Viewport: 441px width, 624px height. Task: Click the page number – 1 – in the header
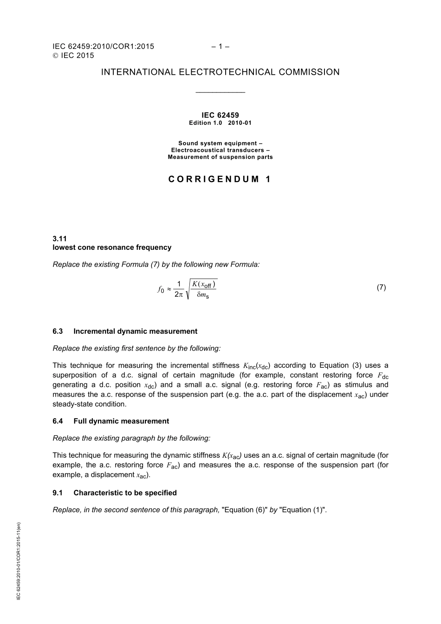(x=220, y=46)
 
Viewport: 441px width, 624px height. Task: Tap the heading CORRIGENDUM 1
(x=220, y=179)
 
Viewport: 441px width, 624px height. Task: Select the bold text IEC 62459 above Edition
(x=220, y=115)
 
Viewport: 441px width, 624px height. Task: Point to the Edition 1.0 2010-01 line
(x=220, y=123)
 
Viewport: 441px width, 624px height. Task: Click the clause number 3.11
(x=60, y=239)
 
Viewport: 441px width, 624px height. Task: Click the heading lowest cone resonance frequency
(x=112, y=247)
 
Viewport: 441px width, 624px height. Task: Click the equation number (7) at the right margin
(x=381, y=287)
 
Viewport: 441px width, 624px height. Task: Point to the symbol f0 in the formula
(x=161, y=290)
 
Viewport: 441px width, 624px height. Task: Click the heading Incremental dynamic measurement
(x=135, y=331)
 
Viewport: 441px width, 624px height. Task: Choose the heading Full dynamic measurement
(x=121, y=421)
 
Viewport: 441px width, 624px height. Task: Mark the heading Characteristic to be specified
(x=125, y=493)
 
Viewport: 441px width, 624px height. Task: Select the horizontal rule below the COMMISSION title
(x=220, y=92)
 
